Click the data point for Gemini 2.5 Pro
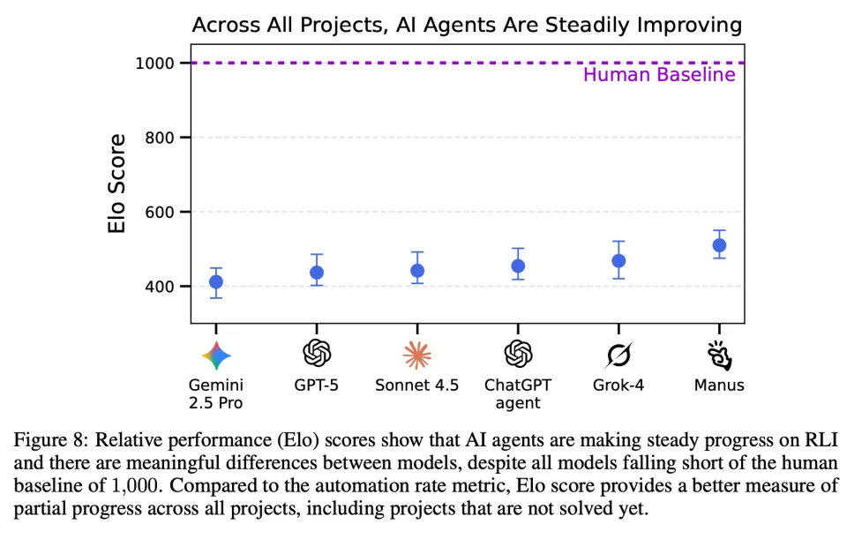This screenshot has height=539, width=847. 215,282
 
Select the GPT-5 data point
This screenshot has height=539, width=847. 317,273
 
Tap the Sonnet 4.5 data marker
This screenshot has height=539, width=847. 417,271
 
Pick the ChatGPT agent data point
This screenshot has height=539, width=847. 518,266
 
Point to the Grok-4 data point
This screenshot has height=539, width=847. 618,261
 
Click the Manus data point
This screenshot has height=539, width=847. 719,245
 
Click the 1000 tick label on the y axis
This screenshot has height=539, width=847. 154,63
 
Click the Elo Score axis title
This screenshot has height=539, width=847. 116,183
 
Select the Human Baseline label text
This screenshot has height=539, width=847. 658,75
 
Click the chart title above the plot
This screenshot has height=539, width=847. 467,26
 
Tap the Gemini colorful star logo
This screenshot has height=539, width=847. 216,355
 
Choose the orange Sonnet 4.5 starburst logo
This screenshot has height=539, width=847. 417,355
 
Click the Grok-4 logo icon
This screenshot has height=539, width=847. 618,355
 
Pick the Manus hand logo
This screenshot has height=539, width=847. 719,355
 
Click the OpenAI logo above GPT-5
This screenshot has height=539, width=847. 317,355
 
